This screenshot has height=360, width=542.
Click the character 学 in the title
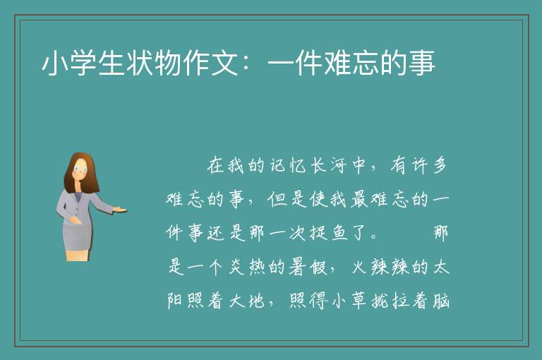(x=83, y=64)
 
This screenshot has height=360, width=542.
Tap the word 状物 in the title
(x=140, y=64)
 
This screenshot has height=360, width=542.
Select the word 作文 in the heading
(x=197, y=64)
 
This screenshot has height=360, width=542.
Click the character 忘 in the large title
(x=366, y=64)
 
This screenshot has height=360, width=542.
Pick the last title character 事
(x=422, y=64)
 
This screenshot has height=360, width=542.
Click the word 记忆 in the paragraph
(x=289, y=165)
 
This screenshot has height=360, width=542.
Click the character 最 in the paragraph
(x=359, y=199)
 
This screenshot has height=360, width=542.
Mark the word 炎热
(x=248, y=267)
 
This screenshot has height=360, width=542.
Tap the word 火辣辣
(x=381, y=267)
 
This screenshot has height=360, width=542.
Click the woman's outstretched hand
(x=120, y=209)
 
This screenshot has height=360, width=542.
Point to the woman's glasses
(x=80, y=169)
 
